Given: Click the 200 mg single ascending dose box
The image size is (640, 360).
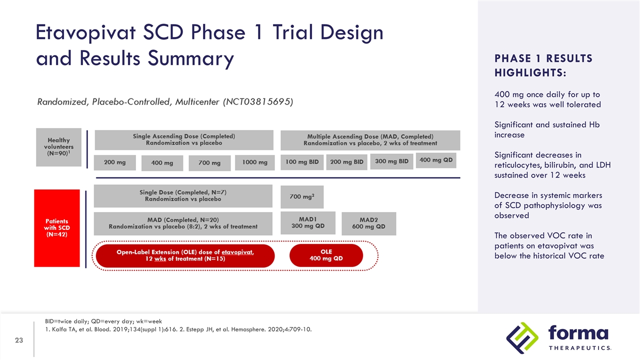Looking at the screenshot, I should pyautogui.click(x=115, y=162).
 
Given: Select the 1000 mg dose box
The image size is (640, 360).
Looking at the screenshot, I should pyautogui.click(x=254, y=162).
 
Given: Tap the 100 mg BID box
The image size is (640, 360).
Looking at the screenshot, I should pyautogui.click(x=301, y=162).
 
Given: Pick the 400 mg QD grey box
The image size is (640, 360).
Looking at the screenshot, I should pyautogui.click(x=435, y=160).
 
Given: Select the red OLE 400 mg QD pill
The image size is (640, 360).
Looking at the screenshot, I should pyautogui.click(x=326, y=255).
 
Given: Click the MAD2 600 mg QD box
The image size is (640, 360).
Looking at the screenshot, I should pyautogui.click(x=368, y=223).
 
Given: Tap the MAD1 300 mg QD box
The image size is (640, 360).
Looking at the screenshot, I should pyautogui.click(x=308, y=222).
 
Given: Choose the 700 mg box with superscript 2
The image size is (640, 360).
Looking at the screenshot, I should pyautogui.click(x=302, y=197).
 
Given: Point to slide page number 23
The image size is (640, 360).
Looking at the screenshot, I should pyautogui.click(x=19, y=340).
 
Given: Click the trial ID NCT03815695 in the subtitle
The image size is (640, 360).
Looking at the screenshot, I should pyautogui.click(x=258, y=102).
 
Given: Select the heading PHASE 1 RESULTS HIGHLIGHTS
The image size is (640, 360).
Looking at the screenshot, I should pyautogui.click(x=543, y=65).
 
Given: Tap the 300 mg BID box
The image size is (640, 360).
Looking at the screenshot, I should pyautogui.click(x=391, y=161).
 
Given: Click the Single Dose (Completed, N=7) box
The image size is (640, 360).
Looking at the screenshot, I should pyautogui.click(x=183, y=195).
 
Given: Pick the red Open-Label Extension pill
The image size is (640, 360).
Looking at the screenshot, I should pyautogui.click(x=185, y=255).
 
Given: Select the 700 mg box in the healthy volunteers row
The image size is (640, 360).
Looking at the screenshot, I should pyautogui.click(x=209, y=163).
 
